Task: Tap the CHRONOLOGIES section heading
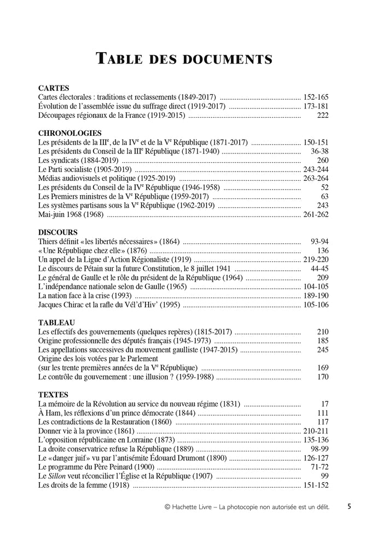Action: coord(70,133)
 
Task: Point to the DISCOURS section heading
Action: coord(58,232)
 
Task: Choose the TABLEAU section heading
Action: coord(57,323)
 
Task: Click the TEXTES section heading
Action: coord(54,395)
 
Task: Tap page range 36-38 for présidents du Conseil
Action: coord(319,151)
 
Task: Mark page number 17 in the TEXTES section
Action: coord(324,404)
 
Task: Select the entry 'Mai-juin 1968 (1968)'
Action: coord(72,214)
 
